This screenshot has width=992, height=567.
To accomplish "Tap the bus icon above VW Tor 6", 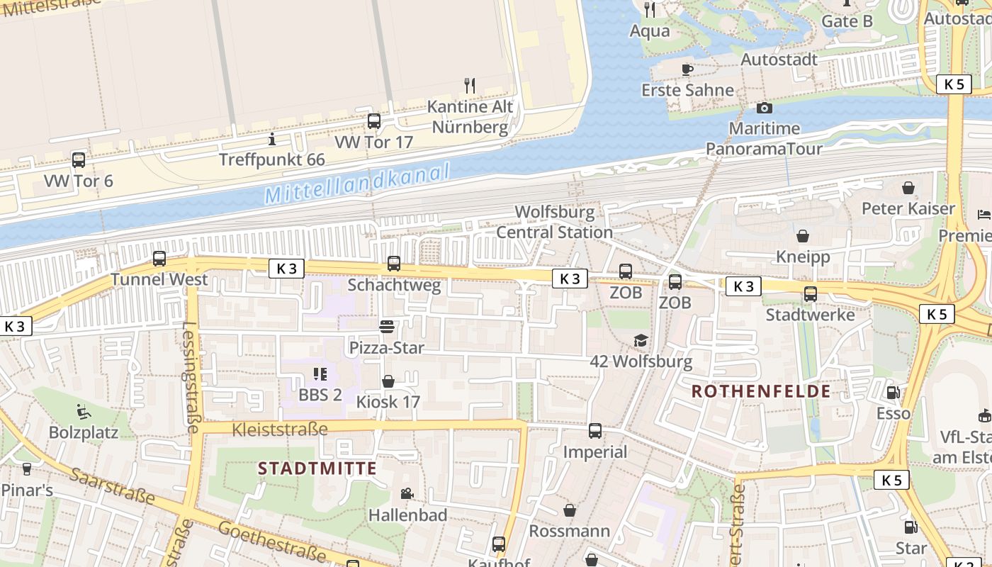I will coord(79,160).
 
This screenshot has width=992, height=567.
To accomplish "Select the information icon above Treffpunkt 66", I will coord(271,139).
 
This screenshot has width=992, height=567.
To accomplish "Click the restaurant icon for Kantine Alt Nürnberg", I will coord(469,86).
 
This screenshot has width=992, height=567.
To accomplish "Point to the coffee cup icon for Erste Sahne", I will coord(687,69).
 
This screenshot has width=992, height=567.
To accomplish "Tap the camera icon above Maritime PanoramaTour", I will coord(764,108).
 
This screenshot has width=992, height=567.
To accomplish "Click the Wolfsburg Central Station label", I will coord(554,222).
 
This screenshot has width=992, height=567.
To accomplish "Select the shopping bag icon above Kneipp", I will coord(803,236).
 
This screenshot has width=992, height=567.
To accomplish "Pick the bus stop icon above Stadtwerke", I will coord(810,293).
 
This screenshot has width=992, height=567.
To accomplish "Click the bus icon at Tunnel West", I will coord(159,259).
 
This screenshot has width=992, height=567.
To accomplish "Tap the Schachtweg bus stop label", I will coord(394,286).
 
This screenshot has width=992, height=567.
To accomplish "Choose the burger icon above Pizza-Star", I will coord(387,327).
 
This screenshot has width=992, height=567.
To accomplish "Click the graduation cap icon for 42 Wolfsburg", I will coord(641,341).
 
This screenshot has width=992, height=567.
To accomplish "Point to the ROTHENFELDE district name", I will coord(761,391).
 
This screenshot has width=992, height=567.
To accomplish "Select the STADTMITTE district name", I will coord(317,468).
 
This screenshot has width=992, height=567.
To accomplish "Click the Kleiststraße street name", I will coord(280,430).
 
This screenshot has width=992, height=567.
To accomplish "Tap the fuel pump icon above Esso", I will coord(893,392).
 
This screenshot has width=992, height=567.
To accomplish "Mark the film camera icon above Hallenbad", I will coord(407,494).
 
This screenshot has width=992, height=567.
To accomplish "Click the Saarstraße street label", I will coord(113,485).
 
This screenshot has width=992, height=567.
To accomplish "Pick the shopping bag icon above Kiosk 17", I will coord(388,381).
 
